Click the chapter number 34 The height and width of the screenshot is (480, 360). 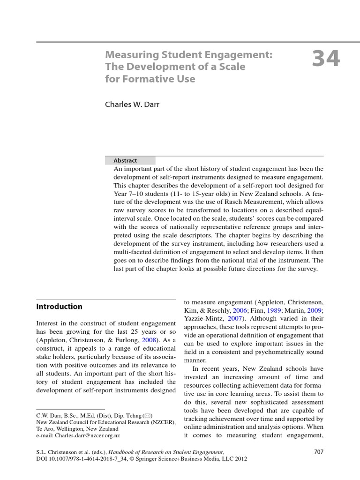pyautogui.click(x=325, y=60)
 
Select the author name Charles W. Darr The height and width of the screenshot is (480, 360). pyautogui.click(x=132, y=105)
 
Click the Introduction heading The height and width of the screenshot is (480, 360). pyautogui.click(x=59, y=307)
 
